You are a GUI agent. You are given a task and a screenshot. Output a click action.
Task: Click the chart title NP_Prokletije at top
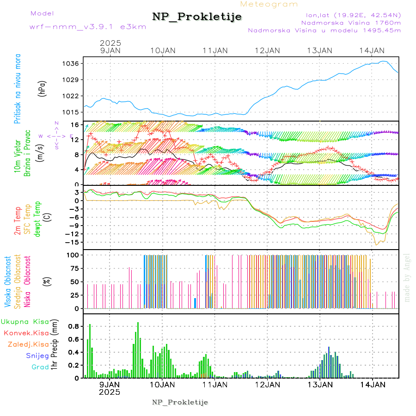pyautogui.click(x=197, y=17)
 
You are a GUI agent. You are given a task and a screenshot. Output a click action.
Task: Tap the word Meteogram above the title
pyautogui.click(x=269, y=4)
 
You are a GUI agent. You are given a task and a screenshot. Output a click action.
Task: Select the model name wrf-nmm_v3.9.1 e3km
pyautogui.click(x=87, y=27)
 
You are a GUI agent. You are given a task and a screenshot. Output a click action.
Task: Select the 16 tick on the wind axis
pyautogui.click(x=75, y=125)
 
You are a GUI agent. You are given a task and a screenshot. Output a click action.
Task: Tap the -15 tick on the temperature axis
pyautogui.click(x=73, y=242)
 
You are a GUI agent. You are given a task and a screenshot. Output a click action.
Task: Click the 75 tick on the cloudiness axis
pyautogui.click(x=74, y=268)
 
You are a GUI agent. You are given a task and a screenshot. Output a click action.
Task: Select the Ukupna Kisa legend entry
pyautogui.click(x=25, y=322)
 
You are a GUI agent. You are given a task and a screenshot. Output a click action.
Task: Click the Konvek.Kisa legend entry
pyautogui.click(x=26, y=333)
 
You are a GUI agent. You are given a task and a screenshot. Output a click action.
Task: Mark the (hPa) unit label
pyautogui.click(x=42, y=88)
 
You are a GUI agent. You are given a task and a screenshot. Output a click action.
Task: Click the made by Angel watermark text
pyautogui.click(x=407, y=277)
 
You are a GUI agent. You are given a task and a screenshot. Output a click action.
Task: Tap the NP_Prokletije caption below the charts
pyautogui.click(x=180, y=402)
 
